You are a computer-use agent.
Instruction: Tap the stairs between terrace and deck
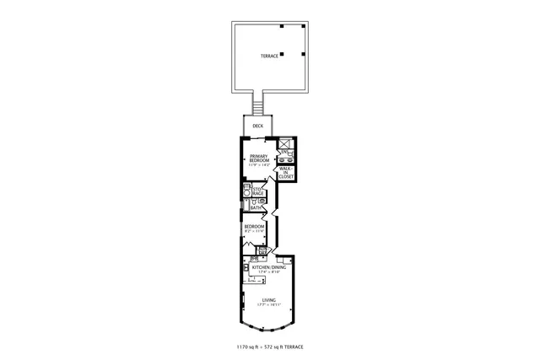point(259,105)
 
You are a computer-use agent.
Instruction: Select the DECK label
point(257,126)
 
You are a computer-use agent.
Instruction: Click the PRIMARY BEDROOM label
point(258,158)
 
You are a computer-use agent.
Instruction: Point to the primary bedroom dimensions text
point(258,165)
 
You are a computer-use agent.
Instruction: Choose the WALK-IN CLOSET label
point(285,174)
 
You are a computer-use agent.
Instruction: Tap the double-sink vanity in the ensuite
point(285,158)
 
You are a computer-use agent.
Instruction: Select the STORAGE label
point(257,192)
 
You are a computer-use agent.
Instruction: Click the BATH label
point(254,207)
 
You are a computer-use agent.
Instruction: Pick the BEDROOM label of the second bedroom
point(254,226)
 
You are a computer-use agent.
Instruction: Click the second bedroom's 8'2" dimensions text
point(254,232)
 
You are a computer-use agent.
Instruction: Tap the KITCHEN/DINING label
point(269,267)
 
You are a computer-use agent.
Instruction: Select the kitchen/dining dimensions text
point(269,272)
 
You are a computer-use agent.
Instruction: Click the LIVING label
point(268,299)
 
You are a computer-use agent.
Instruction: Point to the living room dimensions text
point(268,305)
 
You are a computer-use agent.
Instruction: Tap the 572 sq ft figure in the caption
point(277,347)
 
